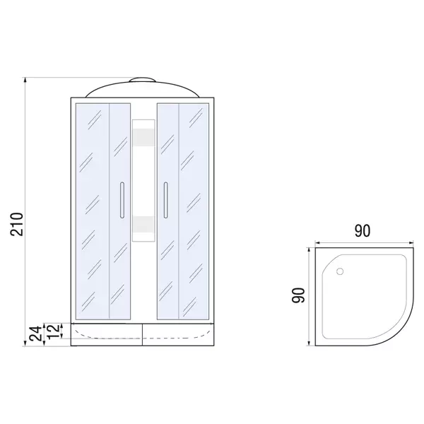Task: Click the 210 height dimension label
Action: pyautogui.click(x=17, y=224)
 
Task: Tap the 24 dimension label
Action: pyautogui.click(x=36, y=334)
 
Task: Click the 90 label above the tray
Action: pyautogui.click(x=362, y=231)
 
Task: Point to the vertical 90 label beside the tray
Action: pyautogui.click(x=298, y=295)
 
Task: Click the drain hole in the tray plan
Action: pyautogui.click(x=340, y=271)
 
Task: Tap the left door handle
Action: pyautogui.click(x=122, y=200)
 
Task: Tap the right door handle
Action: pyautogui.click(x=165, y=200)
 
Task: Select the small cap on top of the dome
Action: pyautogui.click(x=142, y=79)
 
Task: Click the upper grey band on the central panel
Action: pyautogui.click(x=143, y=137)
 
